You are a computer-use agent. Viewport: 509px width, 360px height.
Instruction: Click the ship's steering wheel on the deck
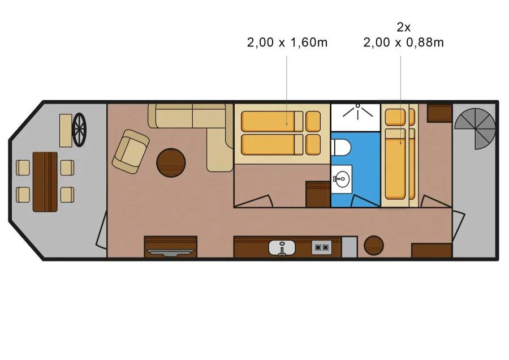pyautogui.click(x=80, y=130)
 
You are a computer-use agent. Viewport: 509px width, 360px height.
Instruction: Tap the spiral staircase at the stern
pyautogui.click(x=476, y=128)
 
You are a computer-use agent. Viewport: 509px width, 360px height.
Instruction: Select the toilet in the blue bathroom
pyautogui.click(x=341, y=147)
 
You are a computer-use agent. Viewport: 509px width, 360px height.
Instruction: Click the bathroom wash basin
pyautogui.click(x=342, y=179)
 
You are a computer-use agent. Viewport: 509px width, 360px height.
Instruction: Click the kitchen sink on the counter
pyautogui.click(x=282, y=248)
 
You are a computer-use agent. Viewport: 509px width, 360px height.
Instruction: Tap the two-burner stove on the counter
pyautogui.click(x=322, y=247)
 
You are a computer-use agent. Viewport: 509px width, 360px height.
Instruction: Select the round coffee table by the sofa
pyautogui.click(x=171, y=163)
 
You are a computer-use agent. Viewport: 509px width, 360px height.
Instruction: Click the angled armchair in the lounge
pyautogui.click(x=131, y=151)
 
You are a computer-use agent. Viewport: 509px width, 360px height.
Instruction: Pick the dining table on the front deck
pyautogui.click(x=45, y=182)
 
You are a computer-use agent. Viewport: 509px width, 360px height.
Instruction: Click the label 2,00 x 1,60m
pyautogui.click(x=287, y=42)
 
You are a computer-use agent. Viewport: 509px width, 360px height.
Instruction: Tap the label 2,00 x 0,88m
pyautogui.click(x=403, y=42)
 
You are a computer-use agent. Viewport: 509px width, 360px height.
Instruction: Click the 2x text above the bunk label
pyautogui.click(x=403, y=27)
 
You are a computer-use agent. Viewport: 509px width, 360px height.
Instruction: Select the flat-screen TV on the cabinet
pyautogui.click(x=170, y=252)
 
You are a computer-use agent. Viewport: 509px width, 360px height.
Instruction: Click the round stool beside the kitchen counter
pyautogui.click(x=374, y=245)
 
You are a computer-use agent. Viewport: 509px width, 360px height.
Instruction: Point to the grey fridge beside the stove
pyautogui.click(x=350, y=247)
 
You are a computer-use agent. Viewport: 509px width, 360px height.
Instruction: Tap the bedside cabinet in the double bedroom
pyautogui.click(x=318, y=194)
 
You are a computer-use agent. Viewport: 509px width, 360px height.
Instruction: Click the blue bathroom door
pyautogui.click(x=365, y=201)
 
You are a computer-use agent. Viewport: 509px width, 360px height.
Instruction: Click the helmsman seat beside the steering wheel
pyautogui.click(x=66, y=130)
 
